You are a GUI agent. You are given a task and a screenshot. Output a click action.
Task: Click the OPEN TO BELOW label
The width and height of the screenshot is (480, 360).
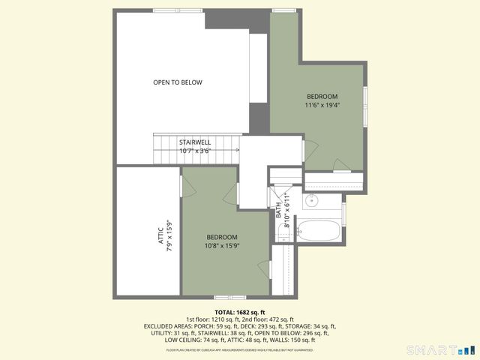[178, 82]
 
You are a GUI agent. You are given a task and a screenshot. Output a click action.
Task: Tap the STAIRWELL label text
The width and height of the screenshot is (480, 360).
[195, 142]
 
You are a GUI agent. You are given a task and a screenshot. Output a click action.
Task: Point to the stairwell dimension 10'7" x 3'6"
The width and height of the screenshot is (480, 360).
[195, 151]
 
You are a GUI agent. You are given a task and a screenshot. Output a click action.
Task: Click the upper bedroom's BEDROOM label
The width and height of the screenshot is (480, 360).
[322, 97]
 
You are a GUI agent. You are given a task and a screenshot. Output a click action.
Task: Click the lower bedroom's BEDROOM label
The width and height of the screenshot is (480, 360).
[222, 237]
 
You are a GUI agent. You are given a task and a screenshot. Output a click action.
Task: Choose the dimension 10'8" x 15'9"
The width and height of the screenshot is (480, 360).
[222, 246]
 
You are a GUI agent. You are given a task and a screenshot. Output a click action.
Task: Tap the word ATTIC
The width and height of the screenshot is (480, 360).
[160, 238]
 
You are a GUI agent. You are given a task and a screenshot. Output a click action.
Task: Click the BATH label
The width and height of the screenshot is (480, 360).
[277, 212]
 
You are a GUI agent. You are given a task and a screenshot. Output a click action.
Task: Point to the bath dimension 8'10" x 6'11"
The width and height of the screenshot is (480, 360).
[286, 215]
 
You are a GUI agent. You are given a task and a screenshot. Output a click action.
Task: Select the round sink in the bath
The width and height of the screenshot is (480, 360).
[313, 201]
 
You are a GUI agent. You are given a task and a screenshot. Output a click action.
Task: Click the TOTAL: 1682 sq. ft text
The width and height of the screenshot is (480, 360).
[240, 312]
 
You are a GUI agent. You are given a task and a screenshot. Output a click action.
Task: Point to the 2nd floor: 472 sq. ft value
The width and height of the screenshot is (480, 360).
[269, 319]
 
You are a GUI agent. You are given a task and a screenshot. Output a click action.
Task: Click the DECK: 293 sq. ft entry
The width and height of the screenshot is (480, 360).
[264, 327]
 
